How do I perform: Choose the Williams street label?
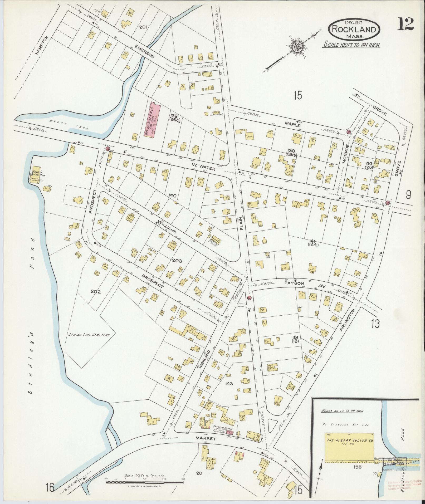coord(167,227)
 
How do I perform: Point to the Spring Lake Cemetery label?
coord(89,335)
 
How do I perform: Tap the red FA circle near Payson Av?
coord(250,298)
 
